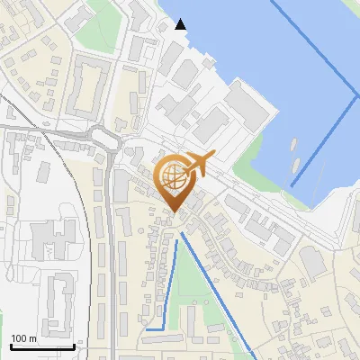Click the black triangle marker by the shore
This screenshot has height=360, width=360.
181,24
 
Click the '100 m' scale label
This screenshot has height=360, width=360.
24,338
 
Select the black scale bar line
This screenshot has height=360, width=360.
41,346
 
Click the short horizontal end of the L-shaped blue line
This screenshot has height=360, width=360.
154,329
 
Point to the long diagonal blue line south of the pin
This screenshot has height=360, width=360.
216,288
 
